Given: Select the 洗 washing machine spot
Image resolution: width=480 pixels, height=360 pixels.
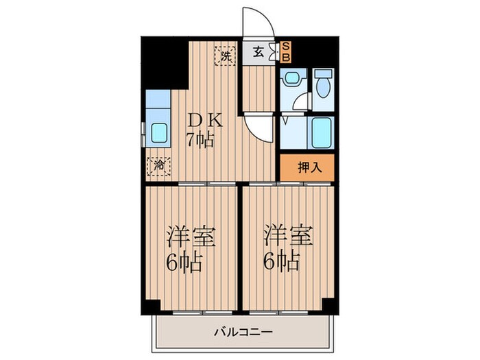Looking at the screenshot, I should pos(224,55).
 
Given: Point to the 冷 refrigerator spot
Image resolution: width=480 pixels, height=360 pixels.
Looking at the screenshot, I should pos(158,165).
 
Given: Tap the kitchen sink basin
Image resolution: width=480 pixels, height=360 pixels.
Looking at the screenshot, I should pos(160,132).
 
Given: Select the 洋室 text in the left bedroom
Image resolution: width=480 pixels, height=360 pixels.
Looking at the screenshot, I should pos(191,237).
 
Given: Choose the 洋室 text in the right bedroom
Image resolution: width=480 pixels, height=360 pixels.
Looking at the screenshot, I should pos(289,237).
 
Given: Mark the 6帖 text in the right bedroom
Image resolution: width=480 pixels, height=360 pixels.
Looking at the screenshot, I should pos(282,262).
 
